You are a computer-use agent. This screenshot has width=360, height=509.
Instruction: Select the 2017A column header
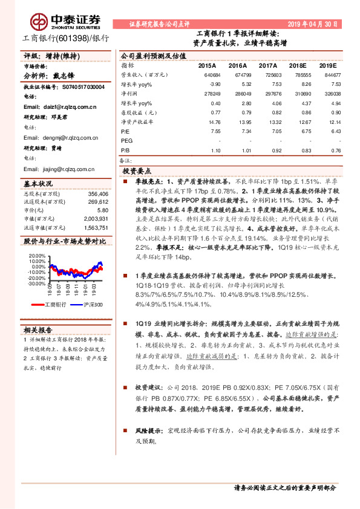267,65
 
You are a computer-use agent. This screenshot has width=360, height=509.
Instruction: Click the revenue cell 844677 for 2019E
328,74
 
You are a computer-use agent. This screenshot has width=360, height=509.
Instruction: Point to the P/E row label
125,130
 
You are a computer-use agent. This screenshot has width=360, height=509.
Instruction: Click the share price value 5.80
102,210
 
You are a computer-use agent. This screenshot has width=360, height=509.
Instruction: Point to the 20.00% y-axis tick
36,256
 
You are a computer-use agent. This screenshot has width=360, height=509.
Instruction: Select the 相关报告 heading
38,329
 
